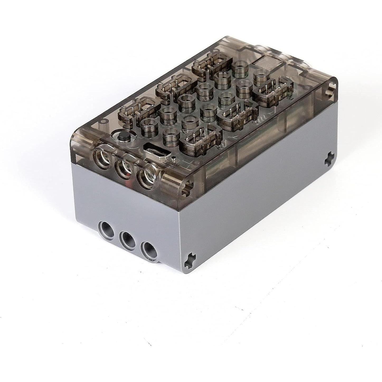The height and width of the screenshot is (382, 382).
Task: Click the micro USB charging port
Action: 156,150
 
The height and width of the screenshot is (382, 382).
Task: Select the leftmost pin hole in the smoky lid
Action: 101,155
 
